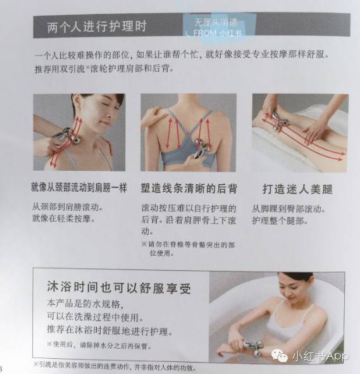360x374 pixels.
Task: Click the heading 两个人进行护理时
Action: tap(97, 27)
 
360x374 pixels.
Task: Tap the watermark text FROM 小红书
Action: tap(214, 32)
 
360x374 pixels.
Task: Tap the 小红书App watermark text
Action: tap(320, 356)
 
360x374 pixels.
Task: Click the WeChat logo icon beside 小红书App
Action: tap(280, 356)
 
